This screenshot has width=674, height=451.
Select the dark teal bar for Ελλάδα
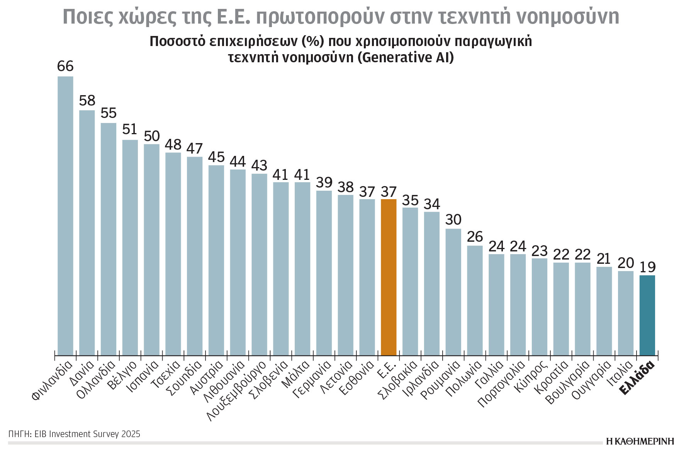pos(647,315)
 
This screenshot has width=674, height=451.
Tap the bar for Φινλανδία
pos(65,215)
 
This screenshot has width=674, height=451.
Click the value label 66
pos(65,66)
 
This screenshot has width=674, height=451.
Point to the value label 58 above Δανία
pos(87,101)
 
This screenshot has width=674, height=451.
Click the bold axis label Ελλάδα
pos(638,378)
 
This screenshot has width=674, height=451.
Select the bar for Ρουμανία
pos(453,292)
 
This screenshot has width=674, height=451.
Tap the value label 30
pos(453,220)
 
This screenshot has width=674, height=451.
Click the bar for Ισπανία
pos(151,249)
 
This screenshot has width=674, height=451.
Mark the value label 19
pos(647,267)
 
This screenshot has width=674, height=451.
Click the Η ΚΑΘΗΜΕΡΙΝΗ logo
pos(640,442)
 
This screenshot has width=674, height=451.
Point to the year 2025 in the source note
pos(130,434)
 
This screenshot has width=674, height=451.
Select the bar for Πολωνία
pos(475,300)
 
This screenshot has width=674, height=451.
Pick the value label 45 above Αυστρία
pos(216,157)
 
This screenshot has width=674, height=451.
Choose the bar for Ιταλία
pos(625,313)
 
